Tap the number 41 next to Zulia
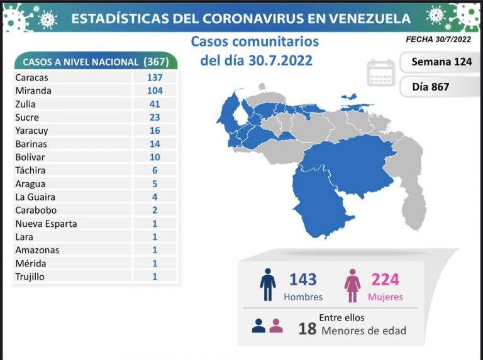(x=154, y=104)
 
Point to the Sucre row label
(x=27, y=117)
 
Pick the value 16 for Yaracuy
(x=154, y=130)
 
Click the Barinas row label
(x=30, y=143)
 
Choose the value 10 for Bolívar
(x=154, y=156)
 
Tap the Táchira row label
(x=30, y=170)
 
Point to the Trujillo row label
(x=30, y=276)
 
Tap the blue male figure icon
(x=269, y=285)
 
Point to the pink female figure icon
(x=352, y=286)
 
